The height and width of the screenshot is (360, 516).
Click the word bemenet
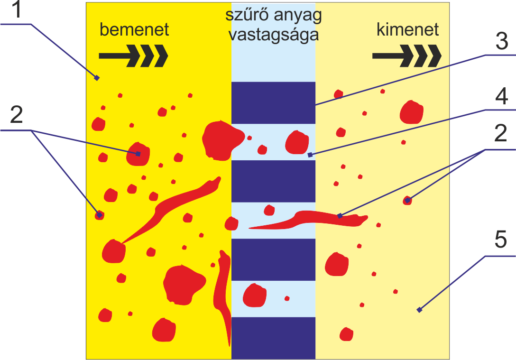pyautogui.click(x=134, y=30)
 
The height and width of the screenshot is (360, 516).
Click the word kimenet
pyautogui.click(x=408, y=30)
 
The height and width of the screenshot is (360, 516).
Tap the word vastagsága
pyautogui.click(x=273, y=35)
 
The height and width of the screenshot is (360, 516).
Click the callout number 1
pyautogui.click(x=17, y=10)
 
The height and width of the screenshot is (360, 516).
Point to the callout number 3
pyautogui.click(x=501, y=43)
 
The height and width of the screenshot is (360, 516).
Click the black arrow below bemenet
pyautogui.click(x=133, y=55)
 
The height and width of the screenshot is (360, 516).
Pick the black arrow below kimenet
pyautogui.click(x=406, y=55)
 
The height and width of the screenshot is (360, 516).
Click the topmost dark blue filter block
pyautogui.click(x=273, y=102)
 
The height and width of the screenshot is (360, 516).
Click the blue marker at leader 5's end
pyautogui.click(x=419, y=310)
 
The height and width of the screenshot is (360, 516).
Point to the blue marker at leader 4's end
pyautogui.click(x=310, y=155)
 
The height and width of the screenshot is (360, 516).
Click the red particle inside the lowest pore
pyautogui.click(x=255, y=295)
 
